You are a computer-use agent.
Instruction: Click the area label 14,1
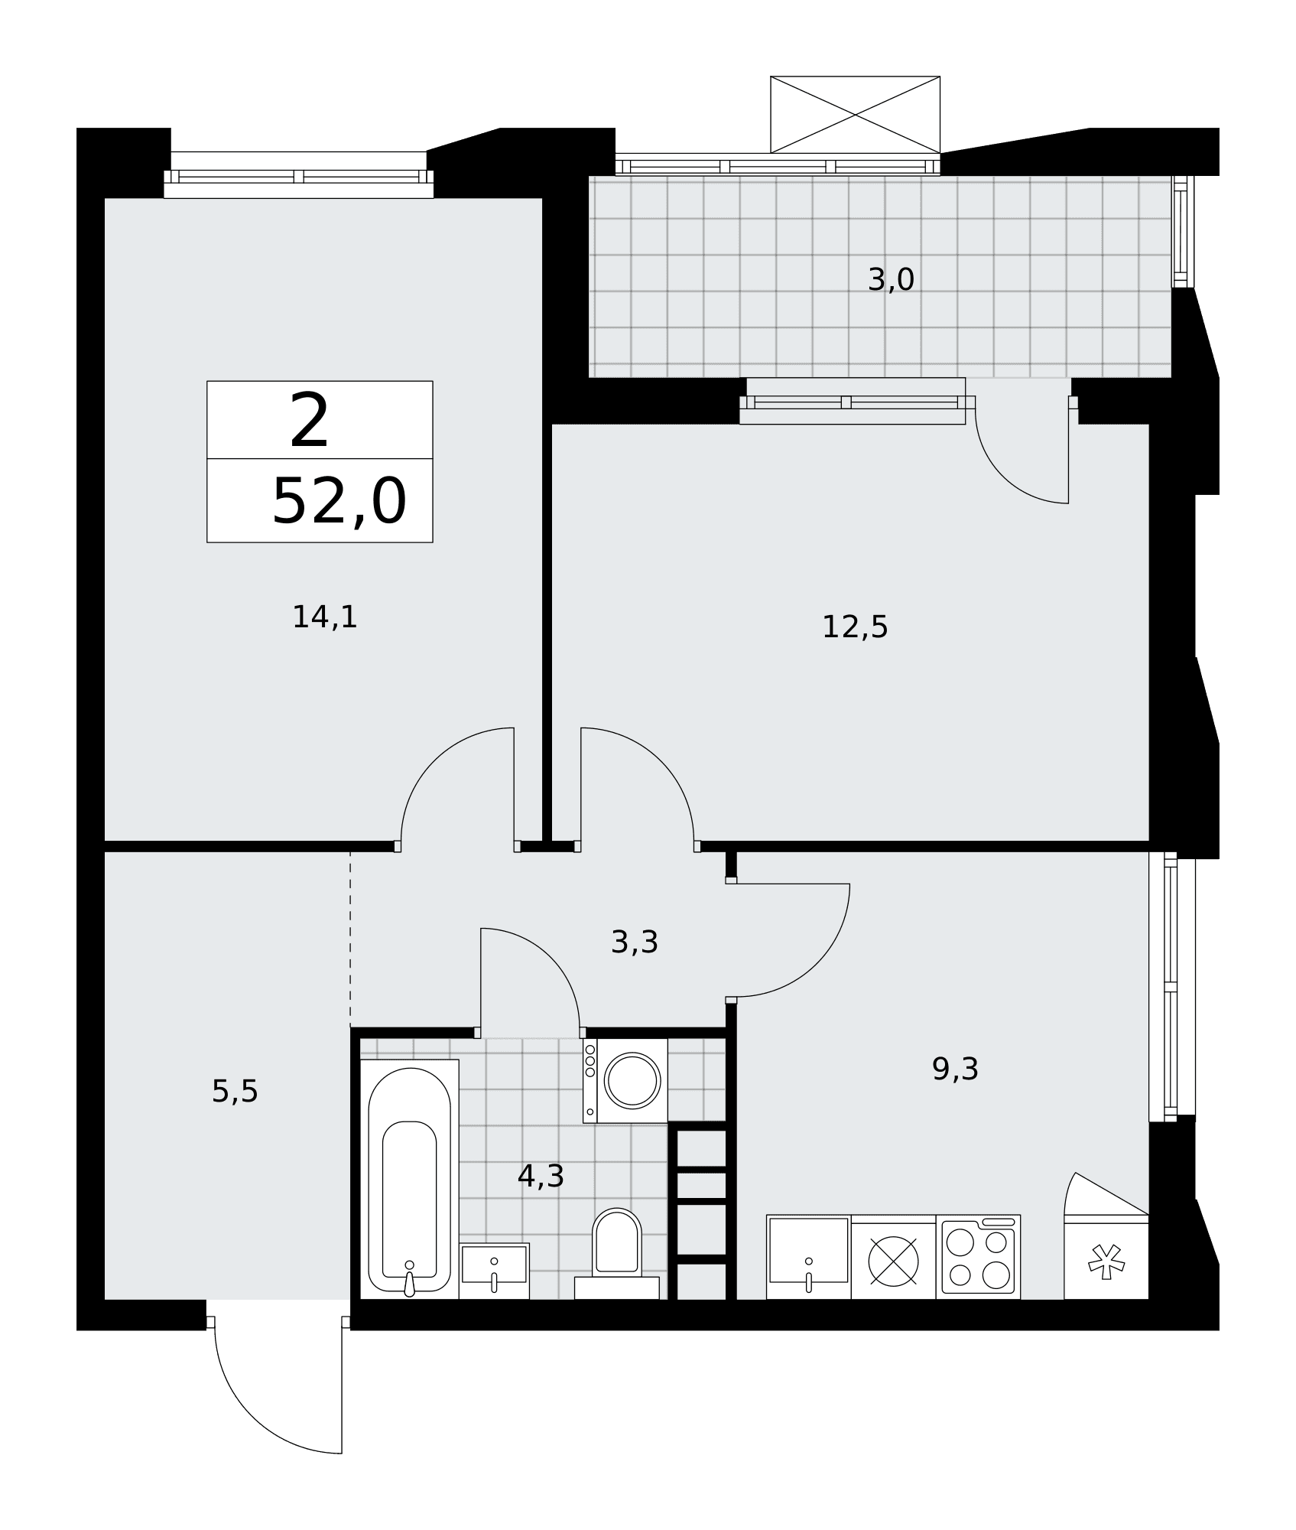(x=325, y=617)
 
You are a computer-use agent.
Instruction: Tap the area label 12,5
(x=855, y=627)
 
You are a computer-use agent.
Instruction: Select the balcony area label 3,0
(x=891, y=280)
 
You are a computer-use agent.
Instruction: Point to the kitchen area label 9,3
(x=955, y=1069)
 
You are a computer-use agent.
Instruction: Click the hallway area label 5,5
(x=235, y=1092)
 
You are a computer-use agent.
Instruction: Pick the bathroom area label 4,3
(x=541, y=1177)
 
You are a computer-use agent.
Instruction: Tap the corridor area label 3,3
(x=635, y=942)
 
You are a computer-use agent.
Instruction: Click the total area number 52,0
(x=339, y=502)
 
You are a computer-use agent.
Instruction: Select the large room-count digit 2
(x=310, y=421)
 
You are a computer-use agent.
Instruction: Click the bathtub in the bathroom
(x=409, y=1180)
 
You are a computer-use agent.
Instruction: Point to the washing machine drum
(x=632, y=1080)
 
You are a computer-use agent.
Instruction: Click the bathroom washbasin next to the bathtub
(x=494, y=1271)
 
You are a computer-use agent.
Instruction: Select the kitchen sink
(x=808, y=1257)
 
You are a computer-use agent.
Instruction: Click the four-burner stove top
(x=978, y=1257)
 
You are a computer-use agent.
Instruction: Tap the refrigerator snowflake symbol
(x=1106, y=1262)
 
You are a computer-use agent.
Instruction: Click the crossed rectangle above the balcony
(x=855, y=115)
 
